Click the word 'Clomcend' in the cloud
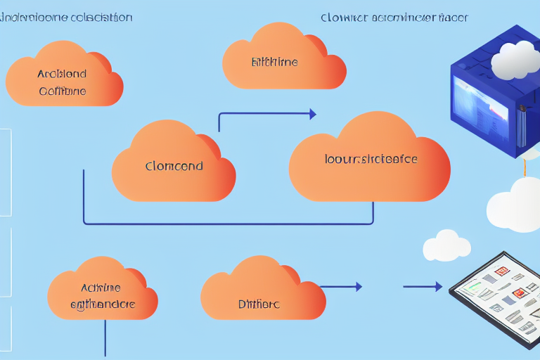coord(174,167)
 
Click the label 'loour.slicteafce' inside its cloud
coord(371,160)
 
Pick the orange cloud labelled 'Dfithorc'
coord(259,304)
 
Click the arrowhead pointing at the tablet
coord(437,287)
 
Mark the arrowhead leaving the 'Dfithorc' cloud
coord(358,287)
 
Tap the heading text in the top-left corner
coord(66,18)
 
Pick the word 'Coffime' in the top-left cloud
coord(63,91)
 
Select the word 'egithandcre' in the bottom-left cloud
coord(103,305)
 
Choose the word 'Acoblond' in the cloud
coord(63,73)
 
